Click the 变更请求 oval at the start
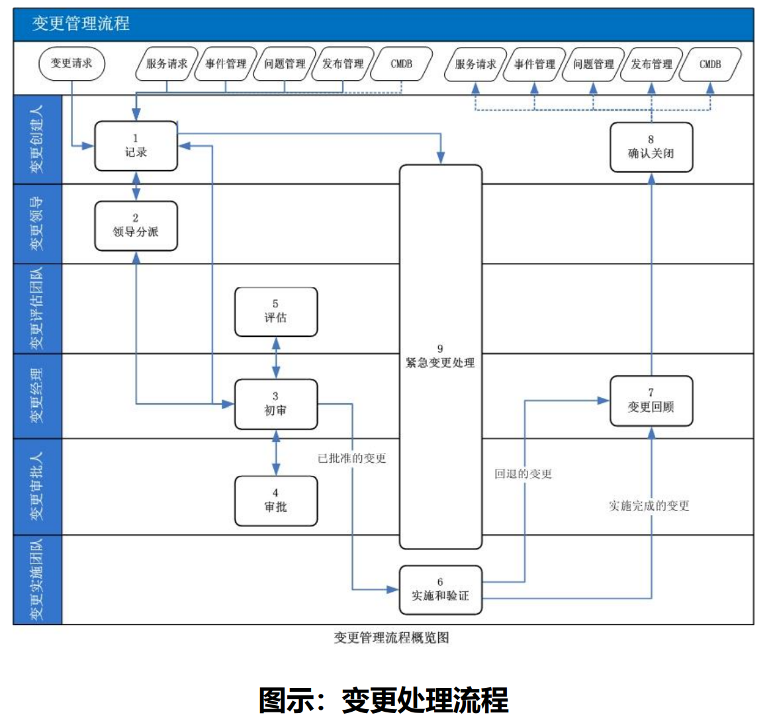click(x=71, y=64)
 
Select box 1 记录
click(x=136, y=146)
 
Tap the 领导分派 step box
click(x=136, y=226)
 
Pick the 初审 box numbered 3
click(x=275, y=404)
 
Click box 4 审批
click(x=275, y=501)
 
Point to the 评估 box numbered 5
click(x=275, y=311)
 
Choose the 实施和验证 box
click(x=440, y=589)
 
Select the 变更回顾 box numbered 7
click(x=651, y=401)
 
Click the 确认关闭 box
click(x=651, y=147)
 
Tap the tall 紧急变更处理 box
click(x=440, y=356)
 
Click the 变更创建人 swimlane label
click(x=37, y=139)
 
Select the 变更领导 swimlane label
click(x=37, y=224)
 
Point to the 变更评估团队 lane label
click(x=37, y=309)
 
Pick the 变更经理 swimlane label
click(x=37, y=396)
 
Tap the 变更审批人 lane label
click(x=37, y=487)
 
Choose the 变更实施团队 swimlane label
click(x=37, y=580)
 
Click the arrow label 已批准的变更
click(x=352, y=458)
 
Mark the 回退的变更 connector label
click(x=523, y=474)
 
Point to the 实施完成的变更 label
click(x=649, y=506)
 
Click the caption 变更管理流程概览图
click(x=391, y=638)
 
